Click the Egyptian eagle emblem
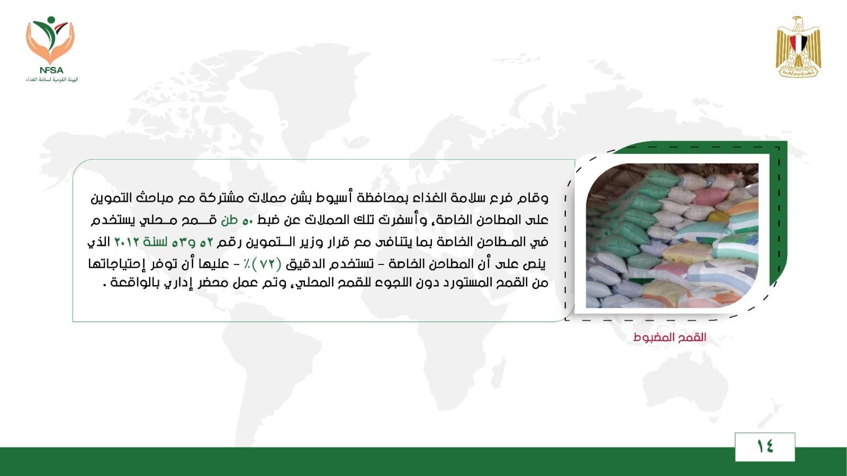pyautogui.click(x=798, y=47)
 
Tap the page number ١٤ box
pyautogui.click(x=765, y=447)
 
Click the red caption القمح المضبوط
pyautogui.click(x=670, y=337)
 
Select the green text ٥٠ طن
pyautogui.click(x=237, y=220)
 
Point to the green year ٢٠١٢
pyautogui.click(x=127, y=242)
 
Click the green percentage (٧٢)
pyautogui.click(x=267, y=264)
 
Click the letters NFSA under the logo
pyautogui.click(x=51, y=70)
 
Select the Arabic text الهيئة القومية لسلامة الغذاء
pyautogui.click(x=52, y=79)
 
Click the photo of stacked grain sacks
pyautogui.click(x=672, y=235)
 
